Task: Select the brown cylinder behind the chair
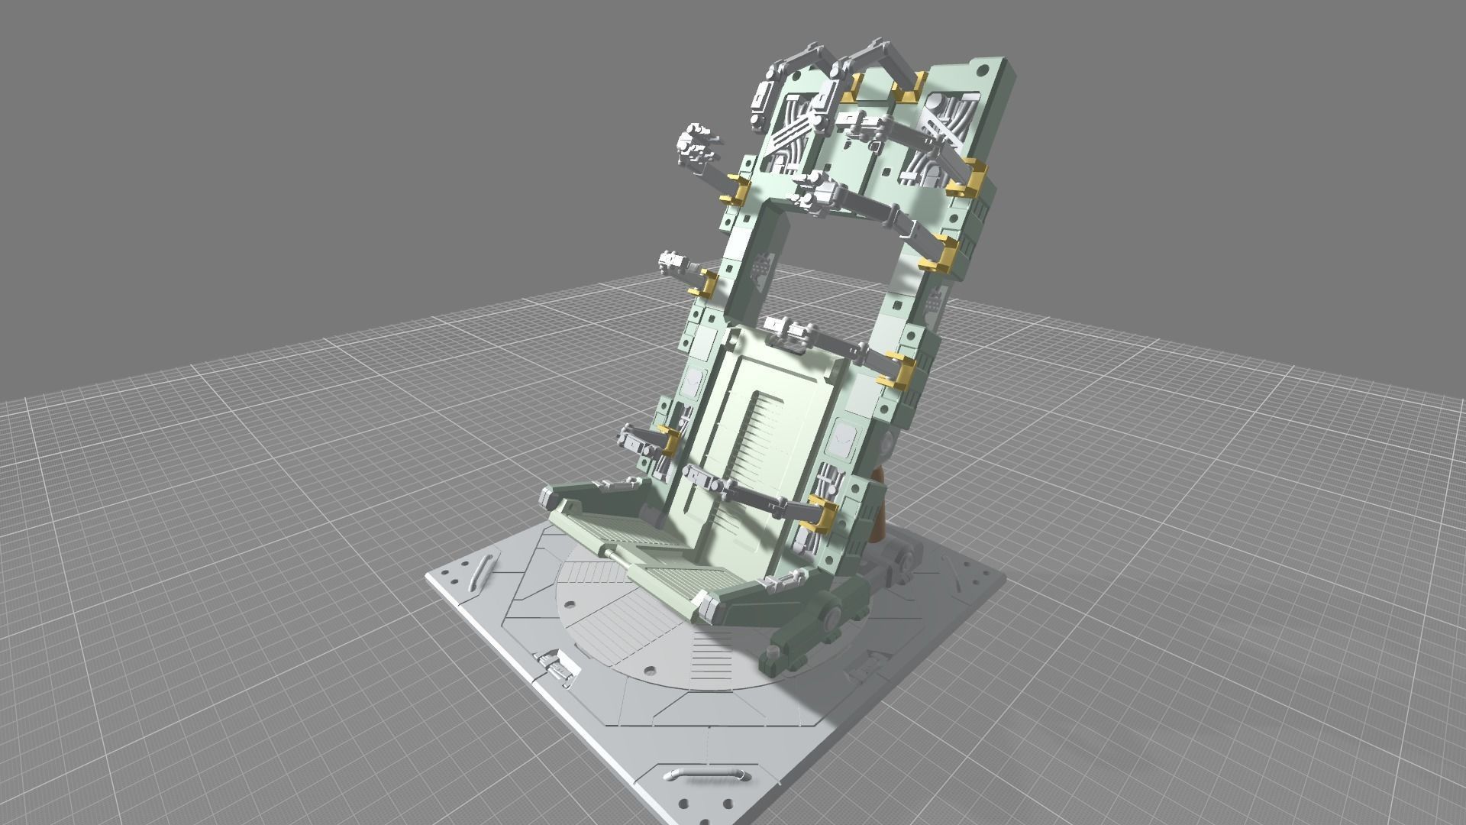878,504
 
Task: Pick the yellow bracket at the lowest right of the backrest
823,510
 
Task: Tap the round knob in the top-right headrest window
932,100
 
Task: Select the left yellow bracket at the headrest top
854,88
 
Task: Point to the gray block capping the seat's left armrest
548,497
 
